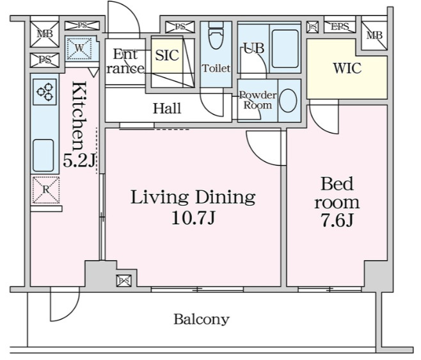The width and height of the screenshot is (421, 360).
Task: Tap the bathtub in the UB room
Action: click(285, 49)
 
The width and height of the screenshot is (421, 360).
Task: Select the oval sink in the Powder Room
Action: click(288, 101)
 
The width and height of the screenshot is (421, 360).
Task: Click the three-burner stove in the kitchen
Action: click(45, 92)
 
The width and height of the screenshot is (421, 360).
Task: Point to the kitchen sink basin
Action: click(44, 155)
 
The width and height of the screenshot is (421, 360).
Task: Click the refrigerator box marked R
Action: click(46, 190)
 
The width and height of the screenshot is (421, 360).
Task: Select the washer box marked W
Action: click(79, 49)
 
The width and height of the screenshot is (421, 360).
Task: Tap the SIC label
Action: click(167, 55)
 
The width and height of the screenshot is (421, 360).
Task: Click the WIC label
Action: click(347, 69)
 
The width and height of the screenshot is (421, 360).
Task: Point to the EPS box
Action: click(340, 27)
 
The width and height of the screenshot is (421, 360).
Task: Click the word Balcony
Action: click(202, 320)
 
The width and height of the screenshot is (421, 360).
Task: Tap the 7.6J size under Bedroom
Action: click(337, 220)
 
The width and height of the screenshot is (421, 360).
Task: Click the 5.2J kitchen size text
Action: click(79, 161)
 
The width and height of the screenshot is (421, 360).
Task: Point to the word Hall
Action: click(167, 109)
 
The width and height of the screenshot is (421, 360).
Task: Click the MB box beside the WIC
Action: click(374, 36)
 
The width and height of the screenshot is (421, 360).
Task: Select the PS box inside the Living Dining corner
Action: click(123, 281)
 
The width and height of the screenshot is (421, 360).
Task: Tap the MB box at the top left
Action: click(44, 34)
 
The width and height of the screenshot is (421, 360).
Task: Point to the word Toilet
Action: click(216, 69)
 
